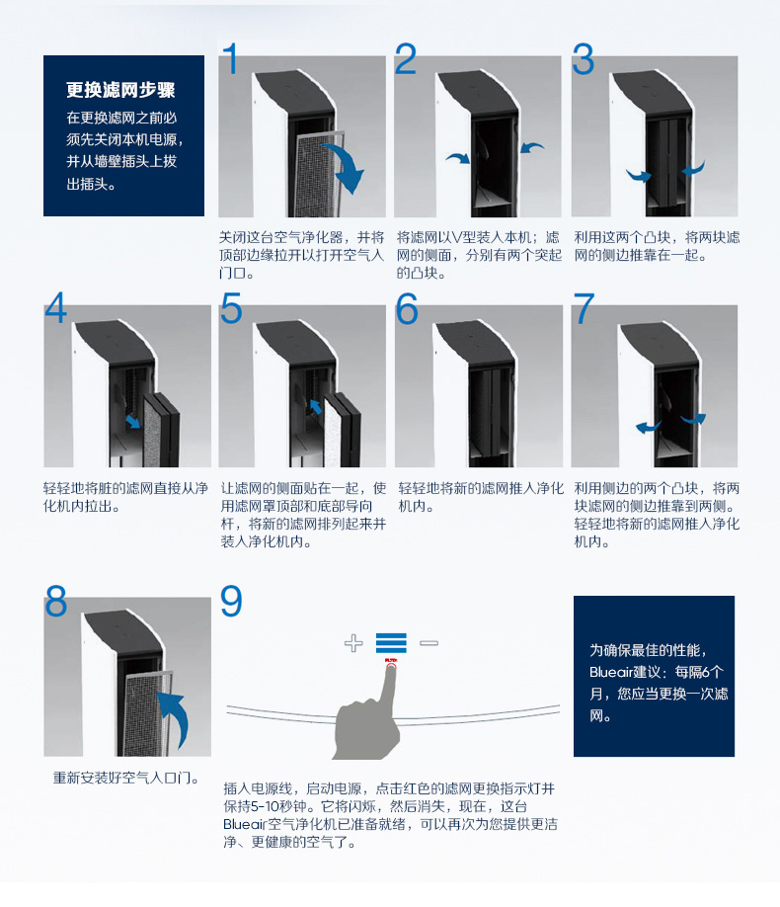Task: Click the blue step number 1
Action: [230, 59]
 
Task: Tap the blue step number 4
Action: [56, 309]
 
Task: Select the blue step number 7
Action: [585, 309]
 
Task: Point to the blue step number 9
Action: [231, 601]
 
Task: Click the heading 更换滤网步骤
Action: [120, 90]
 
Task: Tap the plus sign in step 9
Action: [353, 644]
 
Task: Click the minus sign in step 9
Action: [429, 643]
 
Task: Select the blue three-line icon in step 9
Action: [391, 644]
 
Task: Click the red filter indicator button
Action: [391, 667]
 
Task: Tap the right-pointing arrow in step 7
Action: [694, 419]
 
